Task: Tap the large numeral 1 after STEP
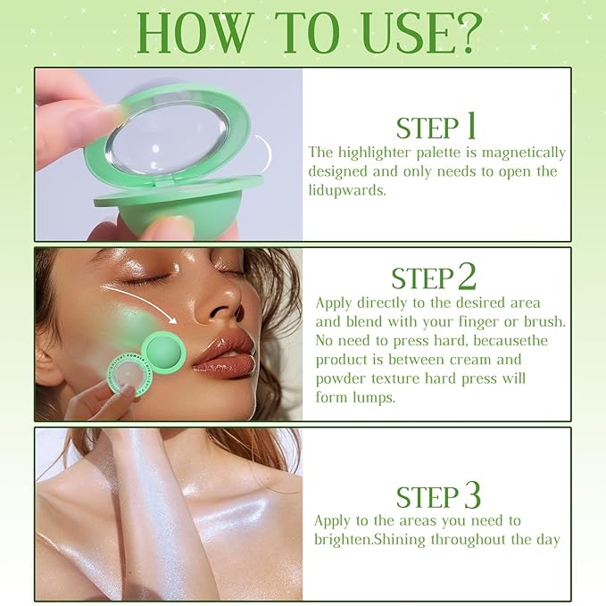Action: click(x=470, y=125)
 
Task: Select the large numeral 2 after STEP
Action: click(x=467, y=276)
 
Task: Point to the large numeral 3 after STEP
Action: click(x=472, y=494)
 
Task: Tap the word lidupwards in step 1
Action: click(x=346, y=190)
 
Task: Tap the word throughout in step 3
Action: click(x=468, y=540)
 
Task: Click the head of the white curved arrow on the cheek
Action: click(x=173, y=320)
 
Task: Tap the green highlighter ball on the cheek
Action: click(x=164, y=353)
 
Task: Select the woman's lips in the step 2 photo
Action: click(x=223, y=355)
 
